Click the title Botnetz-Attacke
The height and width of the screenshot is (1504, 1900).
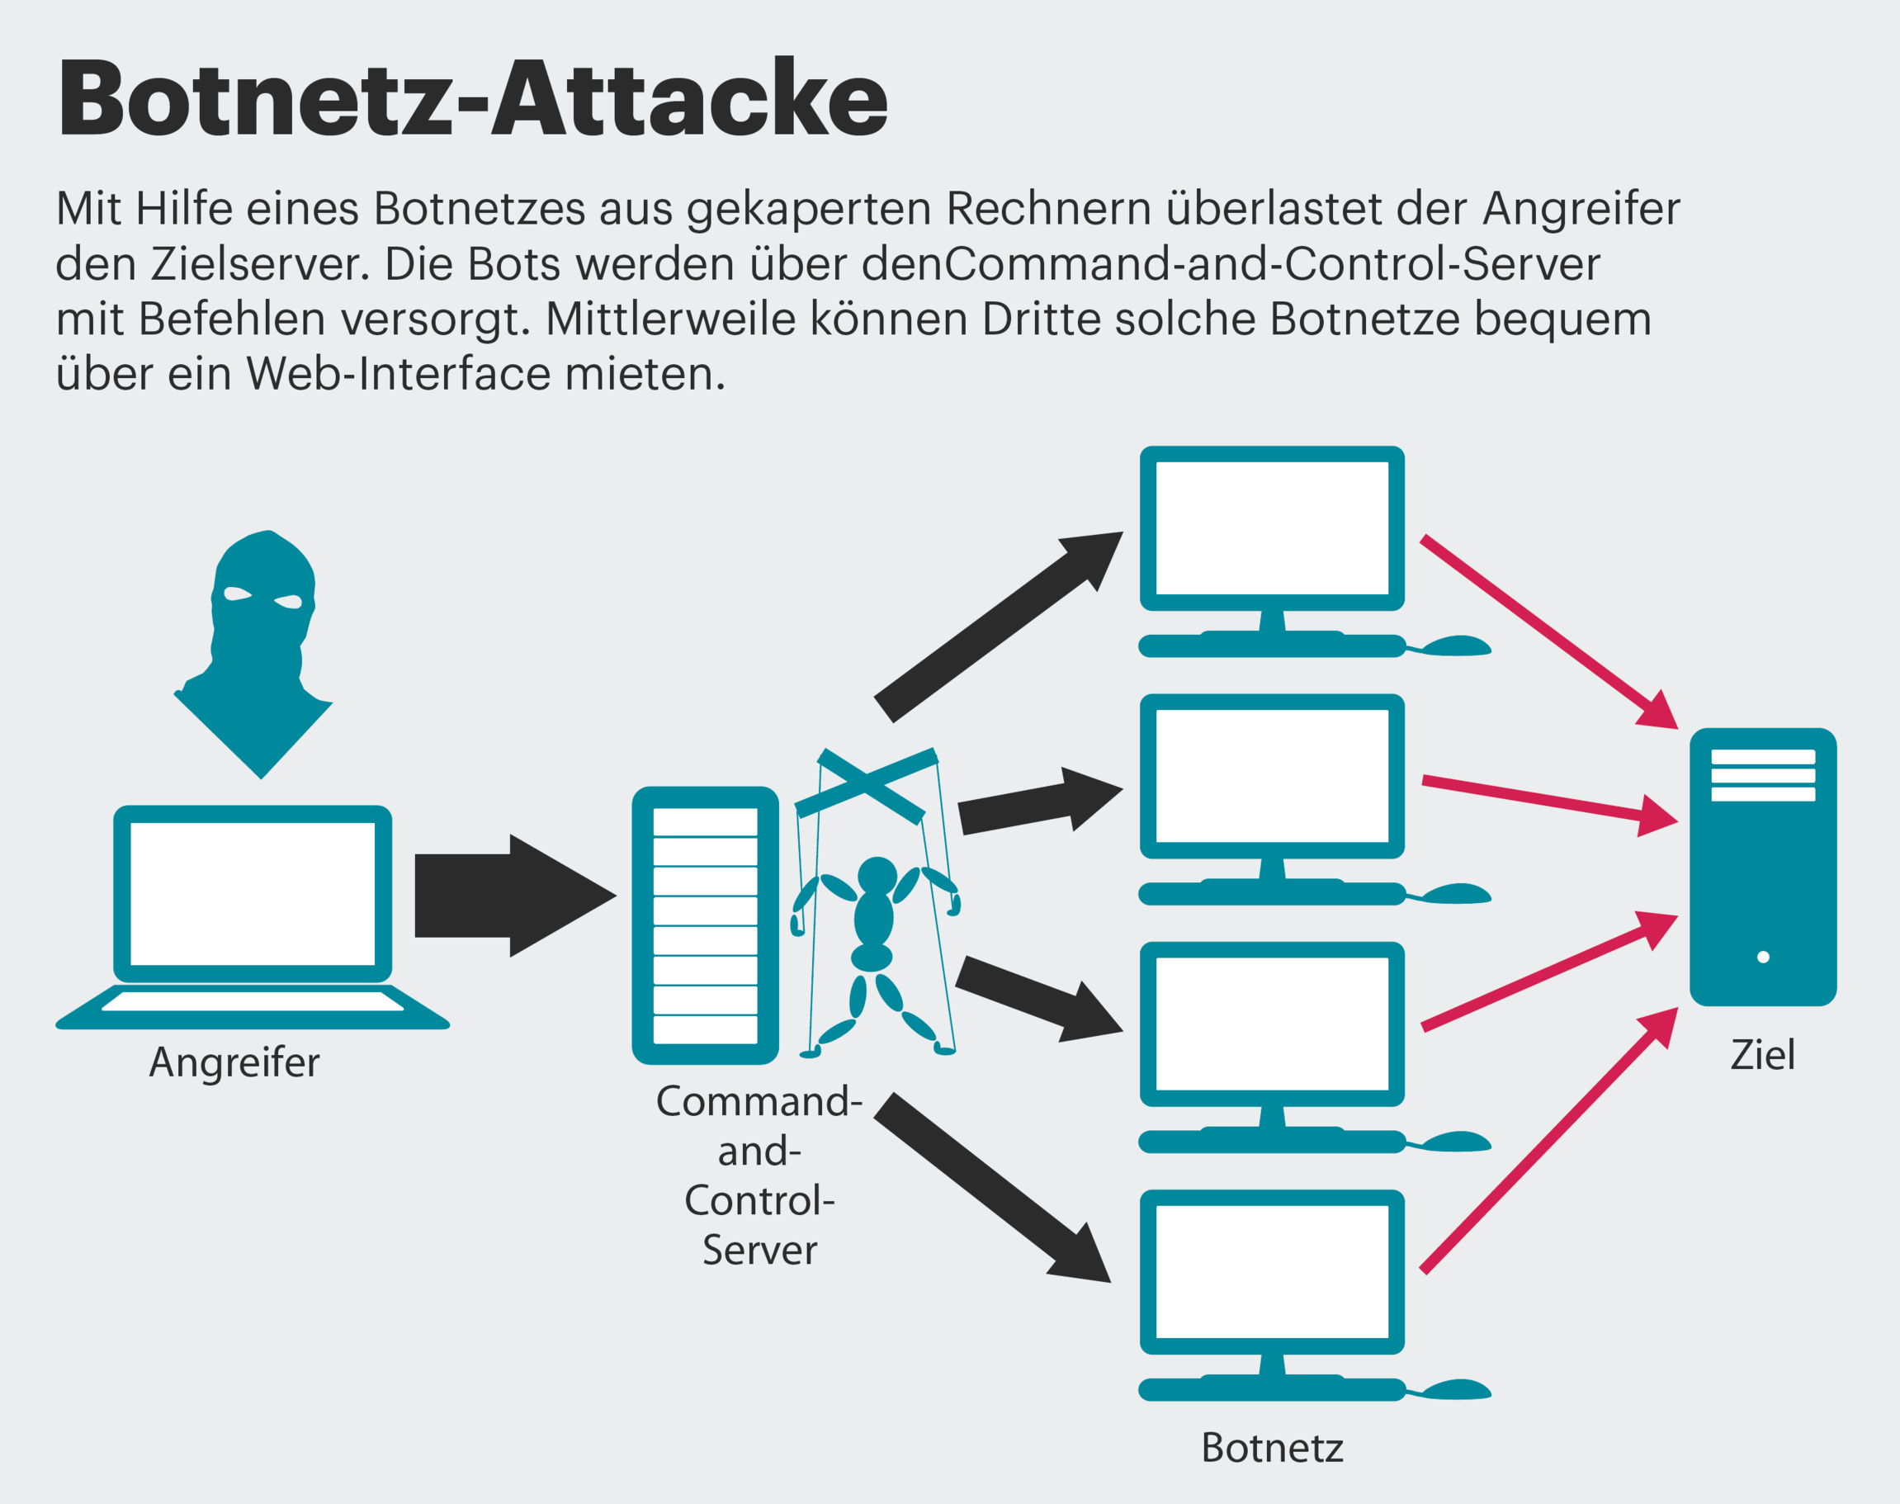[x=473, y=98]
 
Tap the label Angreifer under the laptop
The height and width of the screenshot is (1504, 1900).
[x=234, y=1062]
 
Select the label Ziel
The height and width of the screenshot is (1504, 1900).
[x=1763, y=1055]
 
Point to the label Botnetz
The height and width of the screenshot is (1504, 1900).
[x=1272, y=1448]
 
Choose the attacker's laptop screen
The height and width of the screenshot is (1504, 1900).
[x=253, y=894]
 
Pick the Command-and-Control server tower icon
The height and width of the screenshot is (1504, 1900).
[x=704, y=925]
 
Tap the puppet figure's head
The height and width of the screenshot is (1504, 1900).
[x=877, y=875]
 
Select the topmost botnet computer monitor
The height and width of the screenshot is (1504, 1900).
[x=1271, y=528]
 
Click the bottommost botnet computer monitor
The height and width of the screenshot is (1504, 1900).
[x=1271, y=1271]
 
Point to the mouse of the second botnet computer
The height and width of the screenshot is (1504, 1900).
[x=1455, y=895]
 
